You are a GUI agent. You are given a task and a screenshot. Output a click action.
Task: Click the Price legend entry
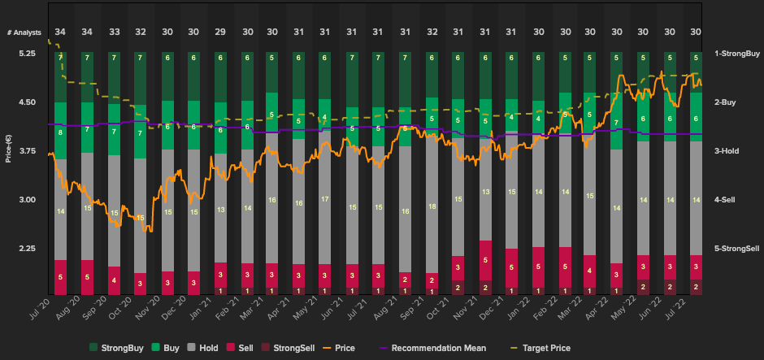click(336, 348)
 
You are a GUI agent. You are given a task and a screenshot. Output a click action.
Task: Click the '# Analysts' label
click(24, 32)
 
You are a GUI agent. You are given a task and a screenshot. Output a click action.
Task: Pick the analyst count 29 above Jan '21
click(220, 32)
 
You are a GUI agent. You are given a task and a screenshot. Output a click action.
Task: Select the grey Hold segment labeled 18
click(432, 207)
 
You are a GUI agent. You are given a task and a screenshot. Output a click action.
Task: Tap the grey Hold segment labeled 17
click(325, 199)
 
